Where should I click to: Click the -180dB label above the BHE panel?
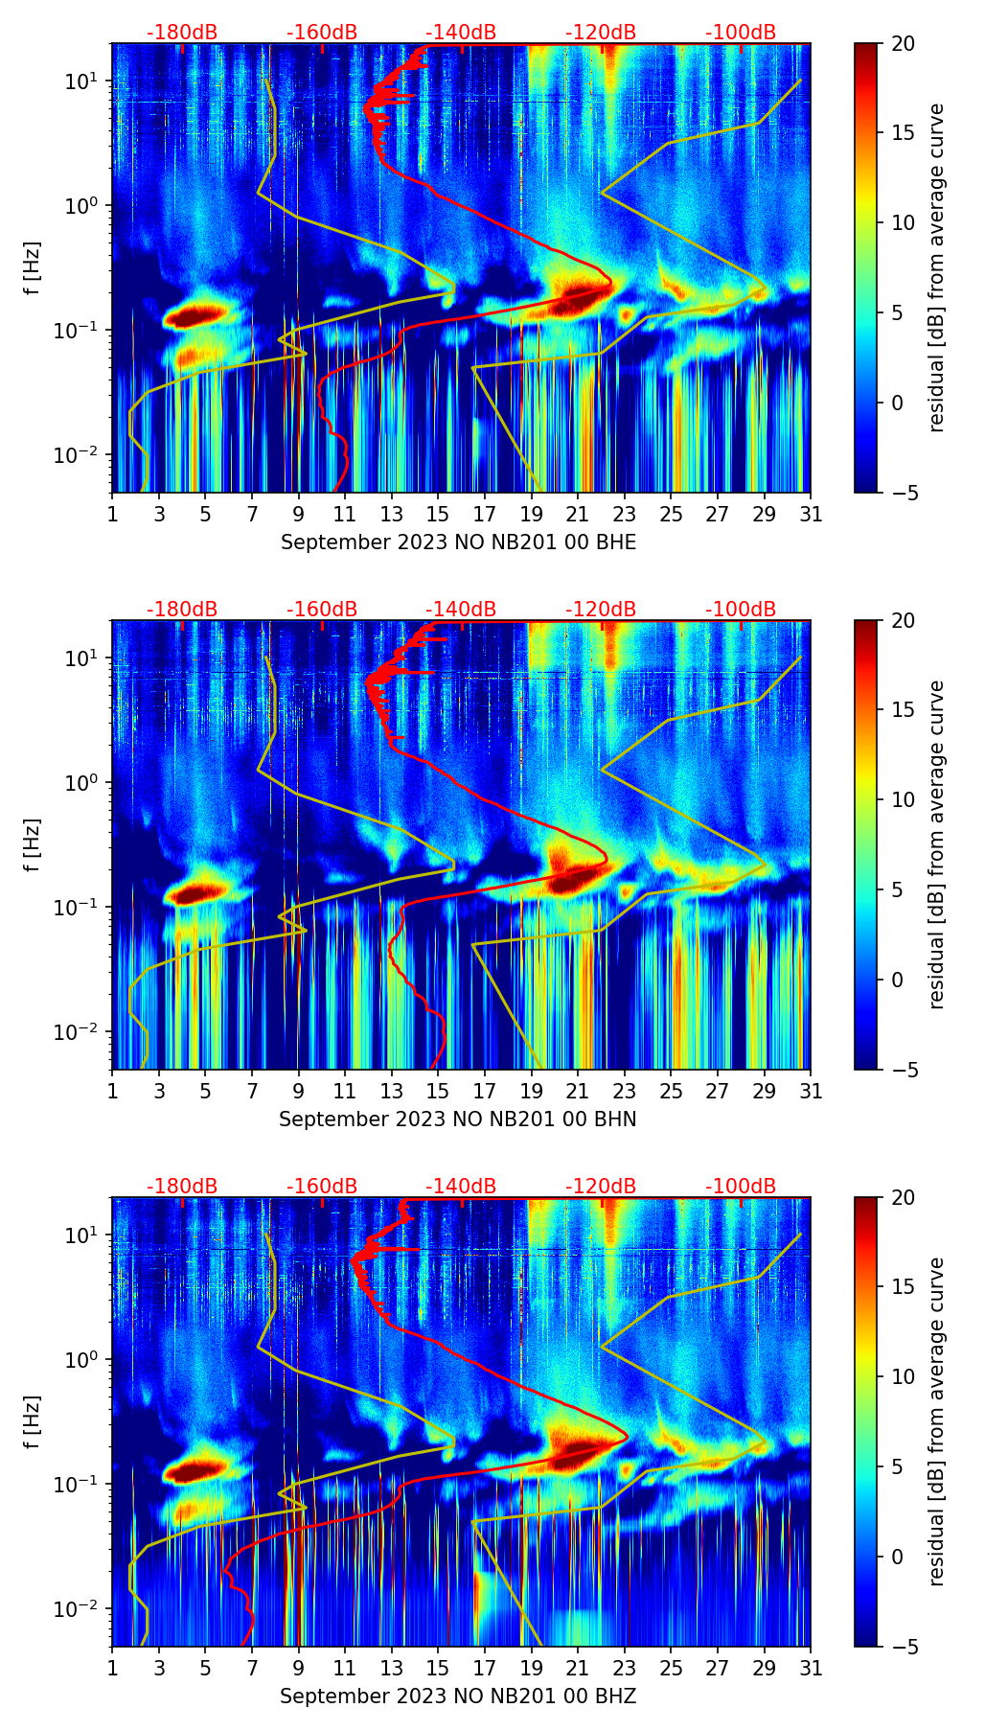click(182, 33)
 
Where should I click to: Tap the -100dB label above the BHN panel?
click(741, 610)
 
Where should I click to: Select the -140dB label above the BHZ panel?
click(461, 1187)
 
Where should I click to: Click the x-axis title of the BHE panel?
click(458, 542)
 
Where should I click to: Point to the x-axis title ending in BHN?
click(458, 1119)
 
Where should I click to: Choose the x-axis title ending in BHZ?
click(458, 1696)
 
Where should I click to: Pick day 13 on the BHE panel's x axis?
click(392, 515)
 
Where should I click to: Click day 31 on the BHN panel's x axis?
click(811, 1092)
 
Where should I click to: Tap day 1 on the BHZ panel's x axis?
click(113, 1669)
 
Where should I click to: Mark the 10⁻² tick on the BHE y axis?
click(80, 454)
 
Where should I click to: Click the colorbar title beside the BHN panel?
click(936, 844)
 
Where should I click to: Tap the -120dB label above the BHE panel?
click(601, 33)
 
